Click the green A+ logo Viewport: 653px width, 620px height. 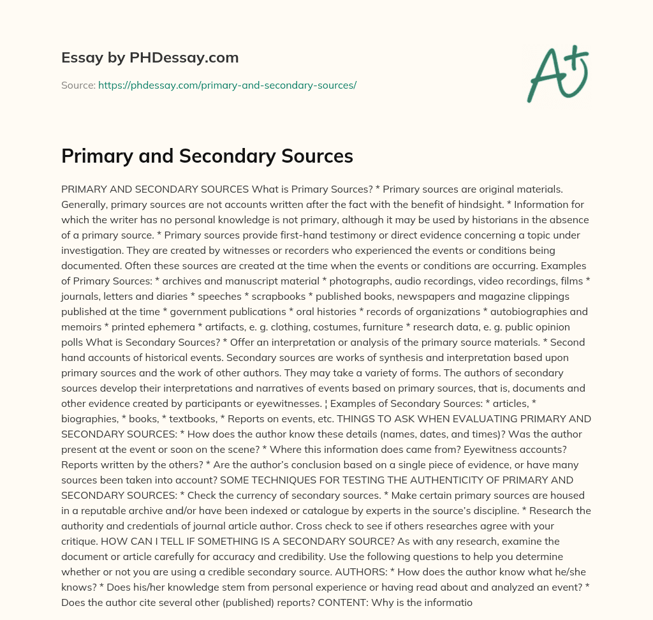click(557, 73)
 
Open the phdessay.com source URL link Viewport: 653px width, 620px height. click(227, 85)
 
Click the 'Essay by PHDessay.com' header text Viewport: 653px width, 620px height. click(150, 57)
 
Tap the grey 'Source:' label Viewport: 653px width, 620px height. click(78, 85)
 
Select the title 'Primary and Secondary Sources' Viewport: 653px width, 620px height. click(207, 156)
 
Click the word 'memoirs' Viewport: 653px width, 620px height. click(82, 327)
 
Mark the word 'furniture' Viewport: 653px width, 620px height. click(399, 327)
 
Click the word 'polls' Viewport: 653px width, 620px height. click(73, 343)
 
